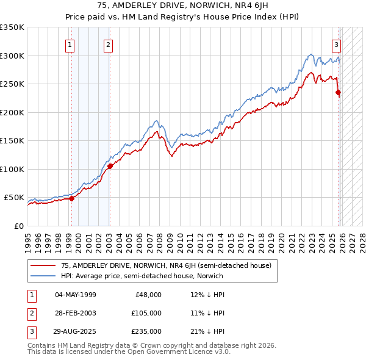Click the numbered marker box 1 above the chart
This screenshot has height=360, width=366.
coord(70,44)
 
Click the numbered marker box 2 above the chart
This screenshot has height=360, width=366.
coord(108,44)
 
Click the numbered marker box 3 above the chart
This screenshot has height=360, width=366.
coord(336,44)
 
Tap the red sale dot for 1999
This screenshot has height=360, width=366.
coord(71,198)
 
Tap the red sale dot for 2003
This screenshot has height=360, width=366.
coord(110,166)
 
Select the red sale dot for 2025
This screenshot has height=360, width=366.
coord(339,93)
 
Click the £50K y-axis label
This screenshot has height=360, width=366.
coord(13,198)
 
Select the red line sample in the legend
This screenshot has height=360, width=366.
coord(43,265)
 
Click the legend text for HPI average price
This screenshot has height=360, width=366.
coord(142,276)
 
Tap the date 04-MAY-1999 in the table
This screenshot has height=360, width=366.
coord(75,295)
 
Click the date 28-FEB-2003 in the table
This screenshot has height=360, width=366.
coord(75,313)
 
